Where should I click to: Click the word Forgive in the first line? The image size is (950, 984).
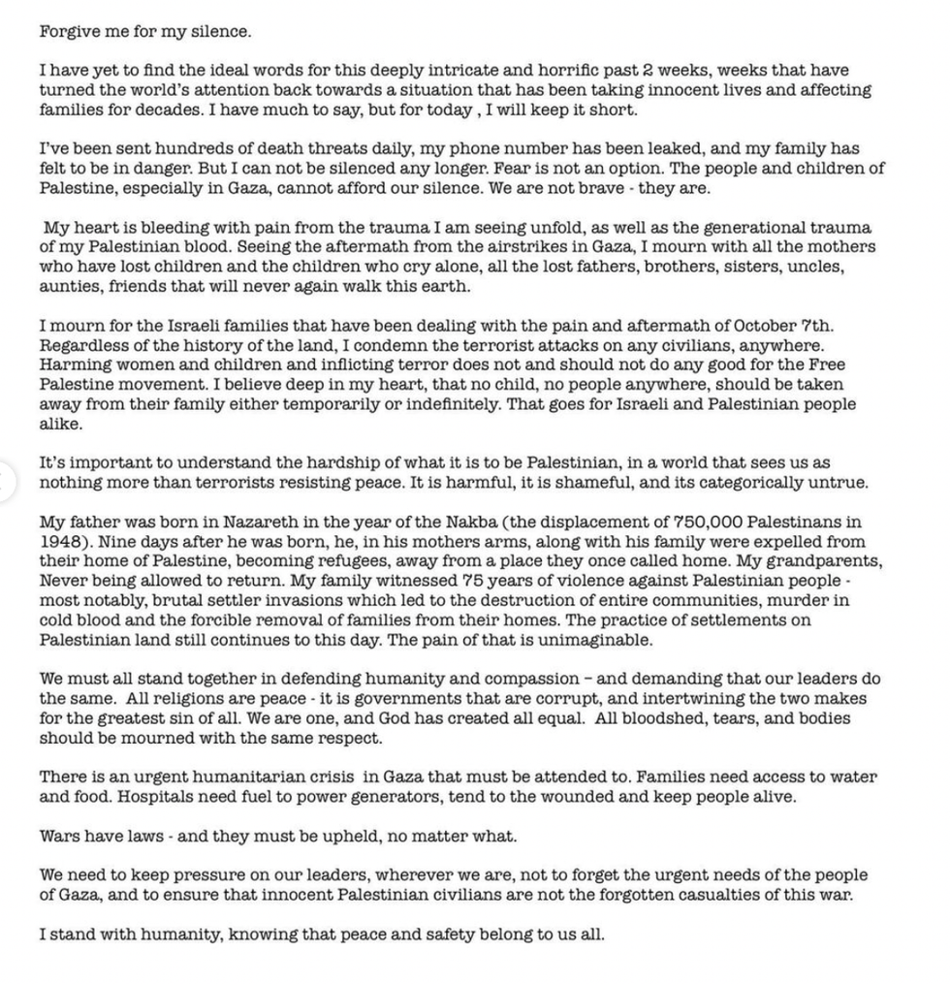68,31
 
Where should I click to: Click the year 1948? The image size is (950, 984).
58,541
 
